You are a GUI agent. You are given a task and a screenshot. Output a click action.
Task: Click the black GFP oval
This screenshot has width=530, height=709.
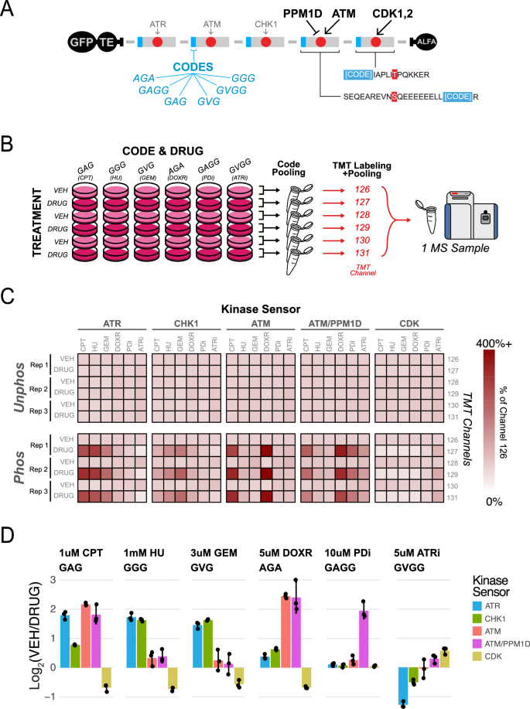tap(80, 41)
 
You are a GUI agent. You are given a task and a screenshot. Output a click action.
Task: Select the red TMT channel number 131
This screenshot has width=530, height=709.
tap(363, 252)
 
